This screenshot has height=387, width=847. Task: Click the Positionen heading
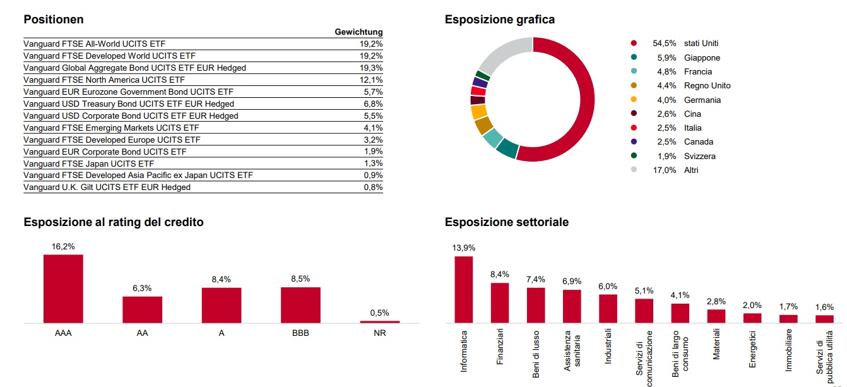pos(54,20)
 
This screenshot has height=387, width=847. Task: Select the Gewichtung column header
pos(358,32)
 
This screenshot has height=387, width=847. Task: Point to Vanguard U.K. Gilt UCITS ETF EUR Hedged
pos(107,188)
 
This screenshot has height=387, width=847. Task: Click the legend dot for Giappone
pos(634,57)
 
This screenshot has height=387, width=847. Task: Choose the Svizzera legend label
pos(699,156)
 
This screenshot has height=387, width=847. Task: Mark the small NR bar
pos(379,321)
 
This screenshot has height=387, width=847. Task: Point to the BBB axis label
pos(300,333)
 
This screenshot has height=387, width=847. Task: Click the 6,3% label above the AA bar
pos(142,289)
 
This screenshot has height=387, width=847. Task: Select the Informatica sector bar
pos(464,289)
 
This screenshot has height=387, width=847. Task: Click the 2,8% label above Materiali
pos(716,302)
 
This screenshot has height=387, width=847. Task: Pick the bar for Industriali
pos(608,309)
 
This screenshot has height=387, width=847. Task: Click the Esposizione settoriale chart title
pos(506,222)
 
